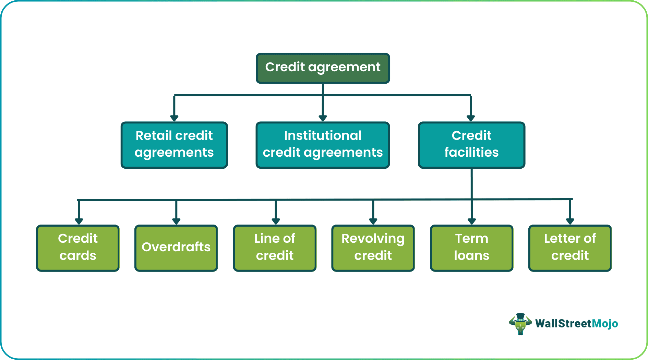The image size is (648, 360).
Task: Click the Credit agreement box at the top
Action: pos(323,68)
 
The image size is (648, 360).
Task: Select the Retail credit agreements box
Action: pos(174,145)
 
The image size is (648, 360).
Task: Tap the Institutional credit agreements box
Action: pos(323,145)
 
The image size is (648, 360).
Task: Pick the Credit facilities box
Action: pos(471,145)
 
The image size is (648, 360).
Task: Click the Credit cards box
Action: pos(78,248)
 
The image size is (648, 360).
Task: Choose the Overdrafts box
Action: pos(176,248)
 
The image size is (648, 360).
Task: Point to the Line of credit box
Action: pos(275,248)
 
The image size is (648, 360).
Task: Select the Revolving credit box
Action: pos(373,248)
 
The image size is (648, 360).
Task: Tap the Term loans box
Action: pos(471,248)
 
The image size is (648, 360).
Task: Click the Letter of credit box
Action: pos(570,248)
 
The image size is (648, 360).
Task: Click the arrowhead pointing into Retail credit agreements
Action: pos(174,118)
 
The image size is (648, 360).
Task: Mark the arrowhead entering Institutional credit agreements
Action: pos(323,118)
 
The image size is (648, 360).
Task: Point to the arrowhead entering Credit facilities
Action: pos(471,118)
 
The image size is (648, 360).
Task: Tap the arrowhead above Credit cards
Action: pos(79,221)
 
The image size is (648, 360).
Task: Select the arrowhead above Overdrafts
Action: pos(176,221)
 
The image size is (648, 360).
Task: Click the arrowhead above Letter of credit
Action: pos(570,221)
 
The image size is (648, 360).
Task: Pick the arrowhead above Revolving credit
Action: pos(373,221)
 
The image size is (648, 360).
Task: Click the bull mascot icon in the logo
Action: pos(520,324)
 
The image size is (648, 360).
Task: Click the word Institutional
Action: pos(323,135)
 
